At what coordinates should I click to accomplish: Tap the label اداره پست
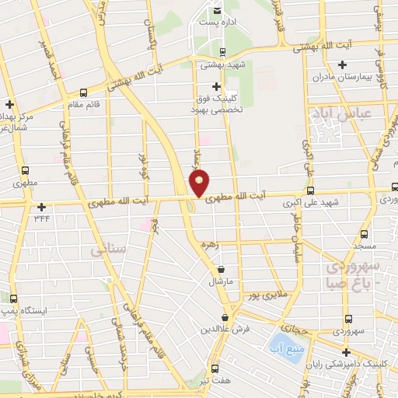[x=215, y=22]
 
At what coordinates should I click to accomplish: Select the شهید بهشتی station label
[x=222, y=65]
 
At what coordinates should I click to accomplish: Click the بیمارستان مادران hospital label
[x=333, y=78]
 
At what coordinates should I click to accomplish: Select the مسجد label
[x=362, y=245]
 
